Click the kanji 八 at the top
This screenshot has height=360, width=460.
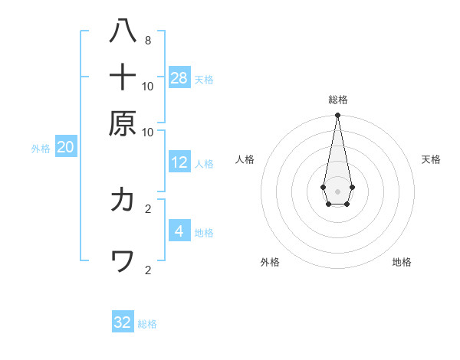(123, 33)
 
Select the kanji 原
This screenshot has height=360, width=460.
(123, 123)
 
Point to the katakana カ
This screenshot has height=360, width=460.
(123, 200)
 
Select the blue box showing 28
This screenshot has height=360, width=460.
(179, 77)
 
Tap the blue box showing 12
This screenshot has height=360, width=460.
(179, 162)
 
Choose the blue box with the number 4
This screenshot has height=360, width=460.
(179, 231)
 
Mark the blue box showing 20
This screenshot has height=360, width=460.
(65, 148)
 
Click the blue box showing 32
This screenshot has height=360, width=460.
(123, 322)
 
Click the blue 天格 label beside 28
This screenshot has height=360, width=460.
(204, 79)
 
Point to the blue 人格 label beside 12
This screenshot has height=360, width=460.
(204, 164)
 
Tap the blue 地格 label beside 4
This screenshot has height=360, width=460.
(204, 233)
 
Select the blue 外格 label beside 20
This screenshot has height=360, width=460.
(41, 149)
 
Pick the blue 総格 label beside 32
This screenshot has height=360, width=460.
(147, 324)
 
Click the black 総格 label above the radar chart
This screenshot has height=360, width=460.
(337, 100)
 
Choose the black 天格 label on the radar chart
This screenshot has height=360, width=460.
(431, 159)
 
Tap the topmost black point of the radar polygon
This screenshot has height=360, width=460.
(337, 116)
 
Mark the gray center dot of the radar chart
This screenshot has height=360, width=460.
(337, 191)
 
